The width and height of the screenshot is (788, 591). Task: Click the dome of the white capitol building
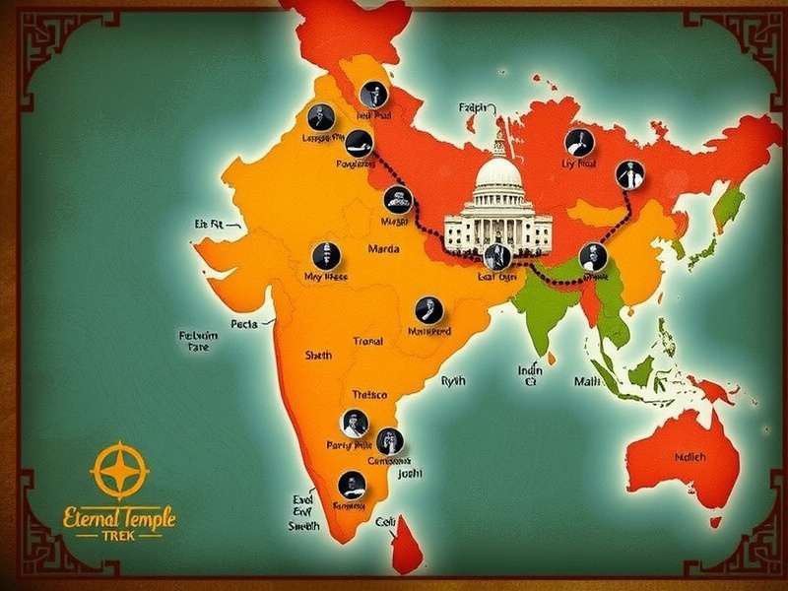[498, 175]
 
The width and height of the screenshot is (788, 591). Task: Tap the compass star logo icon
[119, 470]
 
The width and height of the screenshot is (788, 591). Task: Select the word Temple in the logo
[144, 516]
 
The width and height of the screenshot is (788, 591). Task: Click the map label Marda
[383, 249]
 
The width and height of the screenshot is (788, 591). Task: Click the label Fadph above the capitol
[474, 108]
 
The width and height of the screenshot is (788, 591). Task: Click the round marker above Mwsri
[397, 197]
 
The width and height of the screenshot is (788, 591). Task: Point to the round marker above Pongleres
[359, 141]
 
